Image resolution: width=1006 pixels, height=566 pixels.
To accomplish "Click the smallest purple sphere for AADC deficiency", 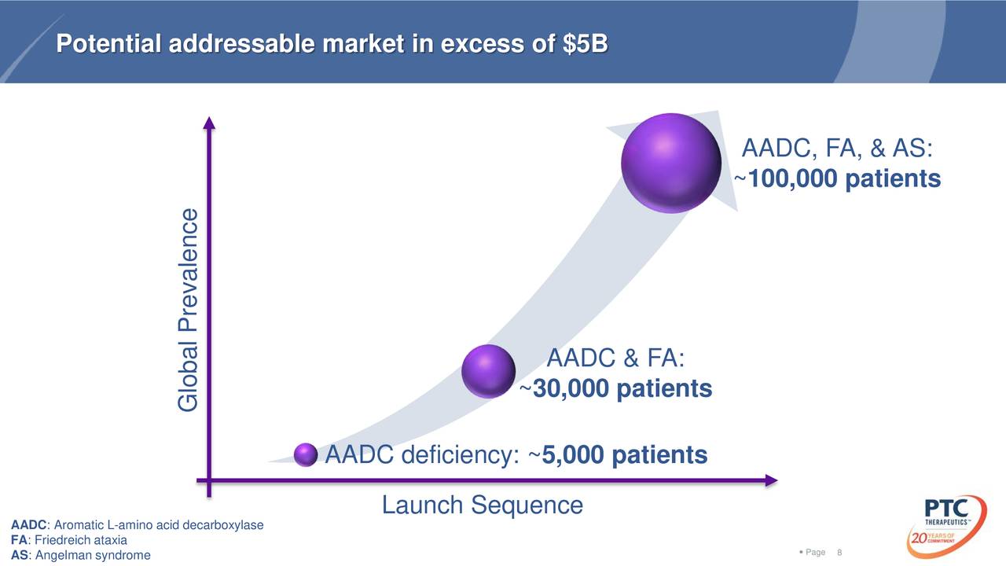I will pos(305,454).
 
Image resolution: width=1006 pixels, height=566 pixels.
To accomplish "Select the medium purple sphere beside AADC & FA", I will pos(488,371).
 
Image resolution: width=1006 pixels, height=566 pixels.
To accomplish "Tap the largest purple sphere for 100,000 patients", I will pos(670,163).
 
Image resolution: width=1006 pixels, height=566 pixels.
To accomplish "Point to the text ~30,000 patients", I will pos(616,389).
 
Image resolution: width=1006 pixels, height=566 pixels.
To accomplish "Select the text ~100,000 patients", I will pos(838,180).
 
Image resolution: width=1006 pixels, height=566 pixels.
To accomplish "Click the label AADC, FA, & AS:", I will pos(838,149).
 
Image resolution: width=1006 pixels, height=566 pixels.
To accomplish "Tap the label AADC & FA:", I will pos(615,358).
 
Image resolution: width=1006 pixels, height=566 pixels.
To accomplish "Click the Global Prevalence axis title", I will pos(188,310).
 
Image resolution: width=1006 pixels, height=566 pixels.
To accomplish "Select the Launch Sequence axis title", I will pos(482,505).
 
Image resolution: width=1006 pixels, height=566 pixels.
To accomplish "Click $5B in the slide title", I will pos(586,45).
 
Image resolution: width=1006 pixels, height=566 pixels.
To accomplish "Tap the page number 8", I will pos(840,553).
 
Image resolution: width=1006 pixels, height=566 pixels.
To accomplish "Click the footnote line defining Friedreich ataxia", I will pos(69,541).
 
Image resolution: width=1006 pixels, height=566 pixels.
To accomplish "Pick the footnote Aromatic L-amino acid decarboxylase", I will pos(138,525).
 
